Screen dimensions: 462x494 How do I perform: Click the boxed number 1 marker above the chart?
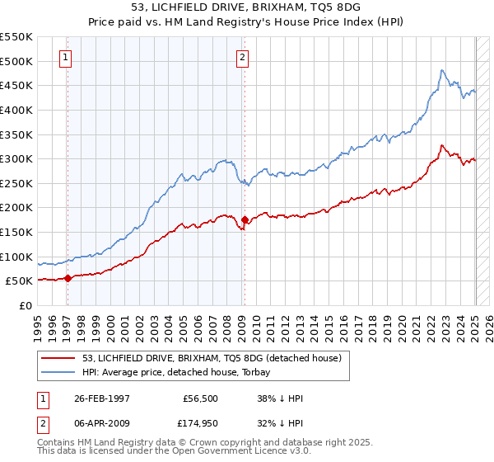pos(65,58)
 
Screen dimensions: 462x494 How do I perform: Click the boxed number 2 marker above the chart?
pos(243,58)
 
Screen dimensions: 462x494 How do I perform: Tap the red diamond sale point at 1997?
pos(68,278)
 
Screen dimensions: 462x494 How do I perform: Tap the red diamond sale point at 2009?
pos(245,220)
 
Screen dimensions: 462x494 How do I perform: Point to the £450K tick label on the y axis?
pos(16,85)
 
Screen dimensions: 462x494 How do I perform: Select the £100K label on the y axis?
pos(16,257)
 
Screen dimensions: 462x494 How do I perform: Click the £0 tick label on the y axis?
pos(26,305)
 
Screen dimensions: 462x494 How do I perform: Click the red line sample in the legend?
pos(59,357)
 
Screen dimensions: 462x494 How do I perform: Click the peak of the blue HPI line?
pos(441,70)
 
